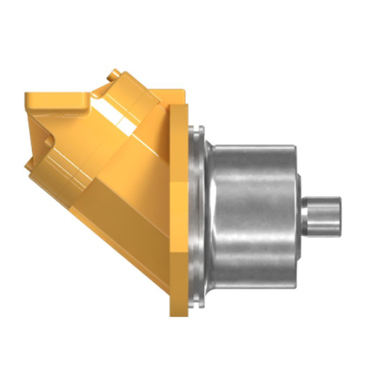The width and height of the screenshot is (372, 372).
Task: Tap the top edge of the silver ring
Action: point(196,131)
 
